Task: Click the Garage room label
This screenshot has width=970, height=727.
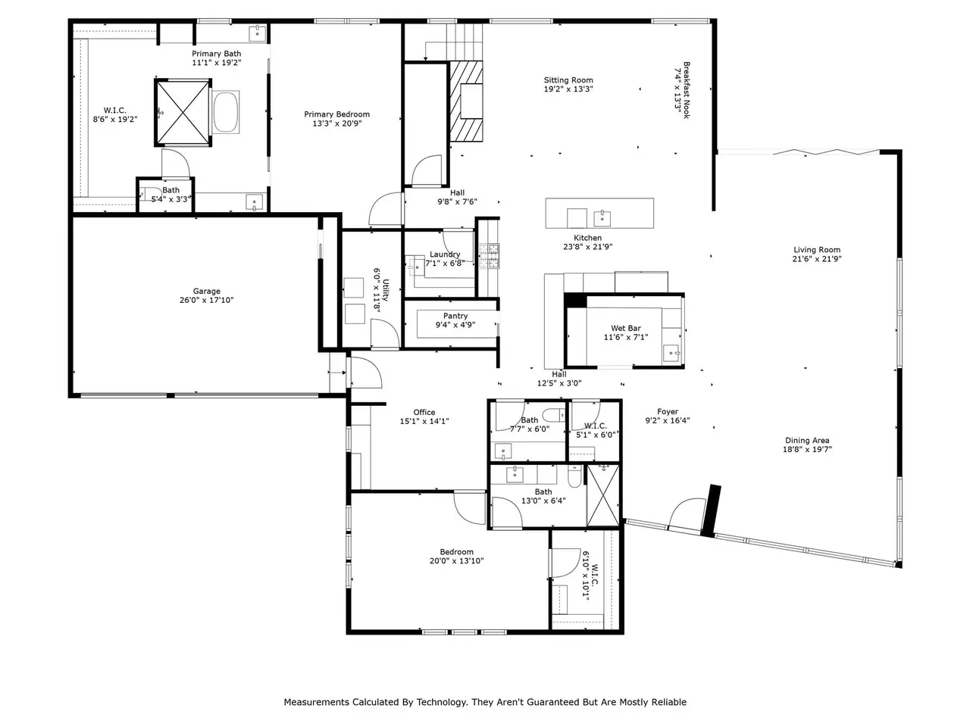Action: pos(206,292)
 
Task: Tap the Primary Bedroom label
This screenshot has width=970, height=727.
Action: pos(336,114)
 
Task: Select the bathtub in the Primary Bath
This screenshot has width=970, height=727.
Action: pos(226,111)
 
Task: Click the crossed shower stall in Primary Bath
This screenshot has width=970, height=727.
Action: pos(183,113)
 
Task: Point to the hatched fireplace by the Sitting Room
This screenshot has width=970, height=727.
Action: pos(466,101)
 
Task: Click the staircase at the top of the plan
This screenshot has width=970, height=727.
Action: pos(464,42)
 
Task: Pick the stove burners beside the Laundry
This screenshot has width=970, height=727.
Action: pos(489,256)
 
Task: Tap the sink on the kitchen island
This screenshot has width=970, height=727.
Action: pos(602,218)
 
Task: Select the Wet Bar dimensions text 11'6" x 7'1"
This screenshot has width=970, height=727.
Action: pos(626,337)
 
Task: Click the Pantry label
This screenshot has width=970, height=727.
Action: pos(455,316)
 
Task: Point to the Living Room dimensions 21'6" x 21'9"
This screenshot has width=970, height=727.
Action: pos(817,259)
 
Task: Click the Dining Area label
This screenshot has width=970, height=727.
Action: pos(807,441)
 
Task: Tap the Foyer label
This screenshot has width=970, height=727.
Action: pos(668,412)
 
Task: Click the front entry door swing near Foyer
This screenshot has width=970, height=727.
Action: pos(687,513)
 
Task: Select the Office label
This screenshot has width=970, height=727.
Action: pos(424,412)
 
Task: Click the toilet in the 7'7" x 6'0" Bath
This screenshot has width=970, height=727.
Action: pos(554,415)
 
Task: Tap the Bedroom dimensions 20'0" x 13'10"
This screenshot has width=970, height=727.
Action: pos(456,561)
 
